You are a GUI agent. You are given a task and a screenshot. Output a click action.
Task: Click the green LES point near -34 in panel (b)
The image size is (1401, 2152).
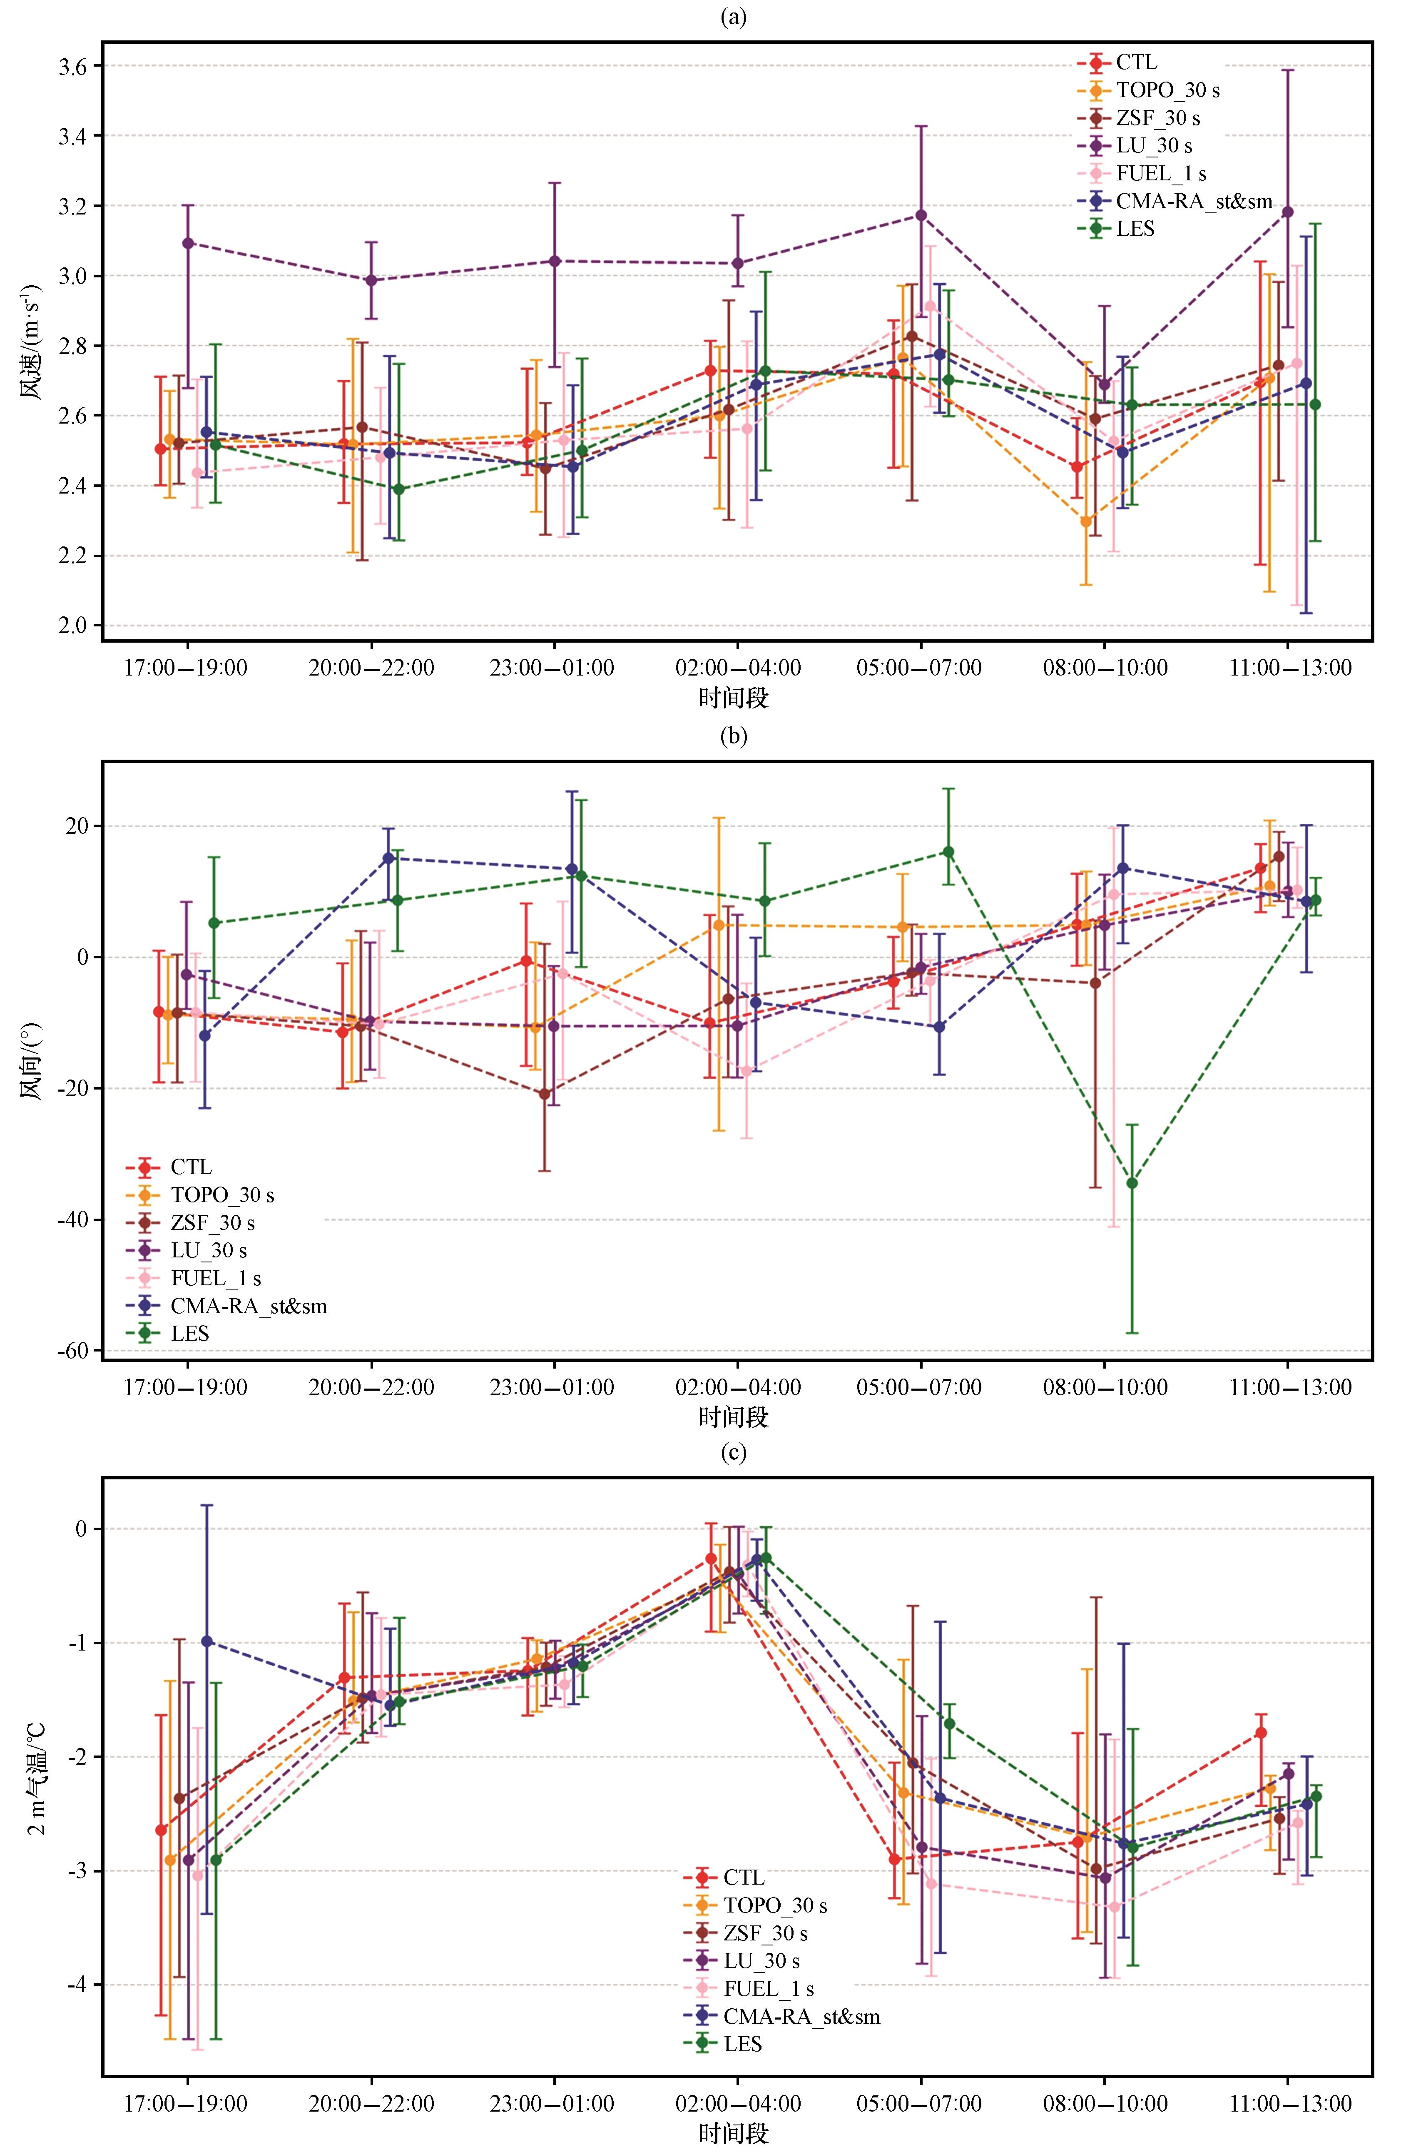coord(1132,1183)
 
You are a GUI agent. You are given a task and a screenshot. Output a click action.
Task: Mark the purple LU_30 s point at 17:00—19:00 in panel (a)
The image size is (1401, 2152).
coord(188,243)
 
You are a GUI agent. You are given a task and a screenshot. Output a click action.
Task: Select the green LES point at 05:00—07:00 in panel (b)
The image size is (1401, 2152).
coord(948,852)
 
